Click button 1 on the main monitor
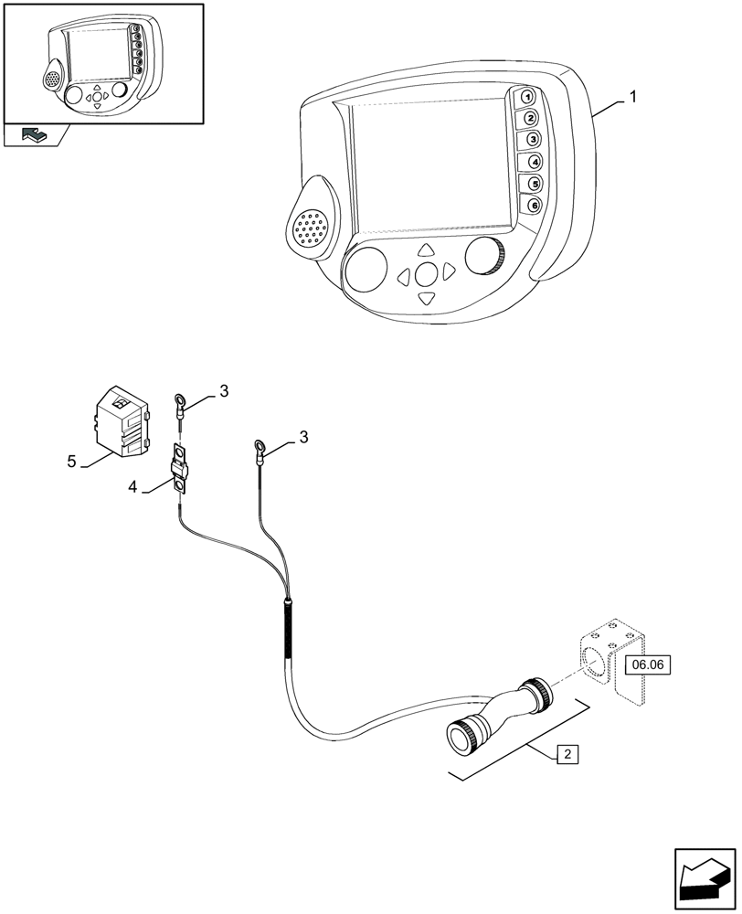tap(527, 97)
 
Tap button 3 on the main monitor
tap(531, 140)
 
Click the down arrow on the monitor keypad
tap(426, 298)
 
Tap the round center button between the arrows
tap(426, 273)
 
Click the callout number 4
tap(133, 489)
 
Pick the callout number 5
tap(71, 462)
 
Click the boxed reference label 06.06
tap(647, 665)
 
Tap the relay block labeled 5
tap(119, 420)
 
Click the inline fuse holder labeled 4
tap(181, 471)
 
